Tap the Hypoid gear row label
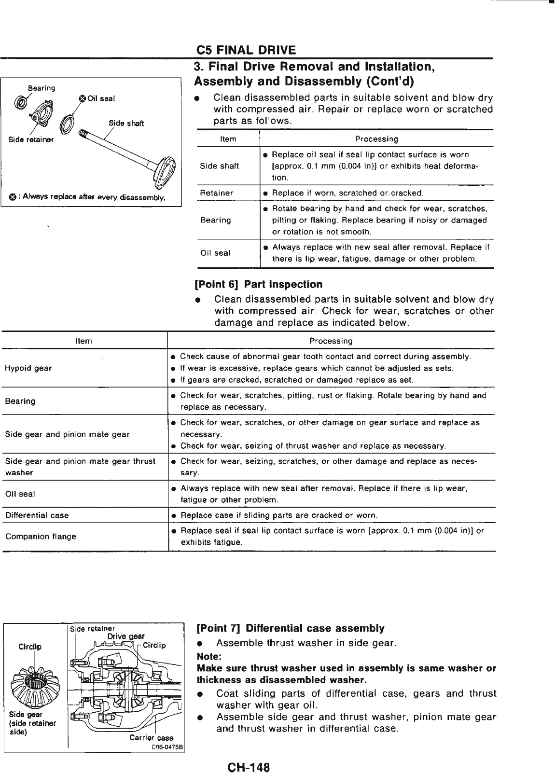pyautogui.click(x=28, y=368)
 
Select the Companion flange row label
pyautogui.click(x=41, y=536)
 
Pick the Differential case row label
pyautogui.click(x=37, y=515)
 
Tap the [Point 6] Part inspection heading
pyautogui.click(x=258, y=285)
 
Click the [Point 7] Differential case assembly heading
pyautogui.click(x=291, y=628)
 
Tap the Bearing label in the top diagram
pyautogui.click(x=42, y=88)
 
